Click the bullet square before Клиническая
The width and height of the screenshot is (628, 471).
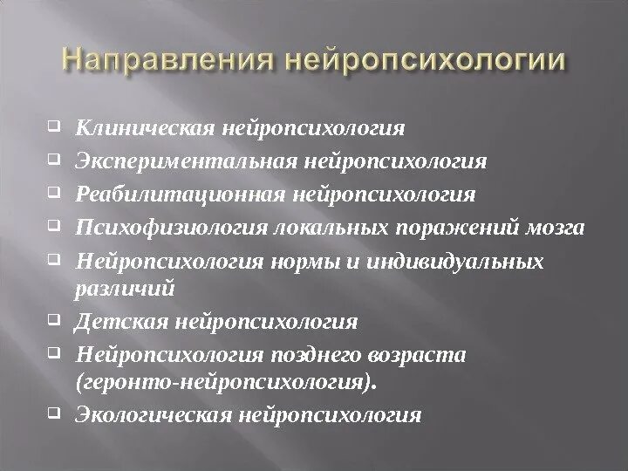pyautogui.click(x=53, y=126)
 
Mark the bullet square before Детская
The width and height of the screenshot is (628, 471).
pyautogui.click(x=53, y=318)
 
